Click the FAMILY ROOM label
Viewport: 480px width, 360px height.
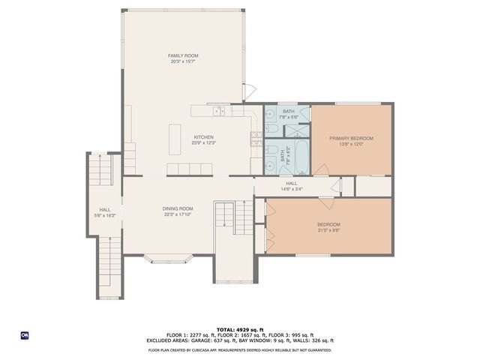coord(183,55)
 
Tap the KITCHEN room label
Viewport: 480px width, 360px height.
coord(203,137)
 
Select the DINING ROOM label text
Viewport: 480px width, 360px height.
coord(178,208)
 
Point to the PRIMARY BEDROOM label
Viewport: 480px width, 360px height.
coord(351,139)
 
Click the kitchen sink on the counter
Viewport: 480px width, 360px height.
coord(218,112)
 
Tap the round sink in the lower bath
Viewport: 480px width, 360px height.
coord(269,166)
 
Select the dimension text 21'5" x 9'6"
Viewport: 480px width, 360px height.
coord(328,230)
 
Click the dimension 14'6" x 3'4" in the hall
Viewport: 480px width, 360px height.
coord(292,188)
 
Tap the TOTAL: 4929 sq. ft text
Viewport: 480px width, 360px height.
coord(239,329)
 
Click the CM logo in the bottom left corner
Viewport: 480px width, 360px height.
coord(24,334)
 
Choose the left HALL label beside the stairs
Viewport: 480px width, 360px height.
coord(105,210)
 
